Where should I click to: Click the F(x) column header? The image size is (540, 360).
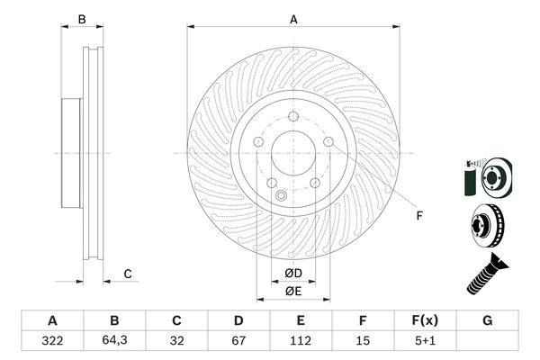point(425,320)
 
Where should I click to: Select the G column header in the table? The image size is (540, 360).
point(487,320)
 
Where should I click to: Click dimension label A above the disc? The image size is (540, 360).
point(293,18)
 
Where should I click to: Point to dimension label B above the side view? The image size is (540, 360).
point(81,18)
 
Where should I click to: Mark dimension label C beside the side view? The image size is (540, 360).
point(128,274)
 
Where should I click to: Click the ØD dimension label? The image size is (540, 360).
point(293,274)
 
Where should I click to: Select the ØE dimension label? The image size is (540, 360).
point(293,291)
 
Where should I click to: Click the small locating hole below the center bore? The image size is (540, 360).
point(281,197)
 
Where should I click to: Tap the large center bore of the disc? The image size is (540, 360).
point(293,154)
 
